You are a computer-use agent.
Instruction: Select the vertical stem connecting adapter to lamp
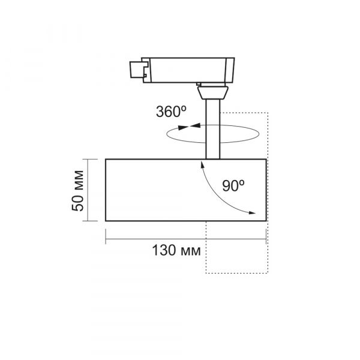[x=212, y=129]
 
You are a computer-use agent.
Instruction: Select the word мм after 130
[x=190, y=249]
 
